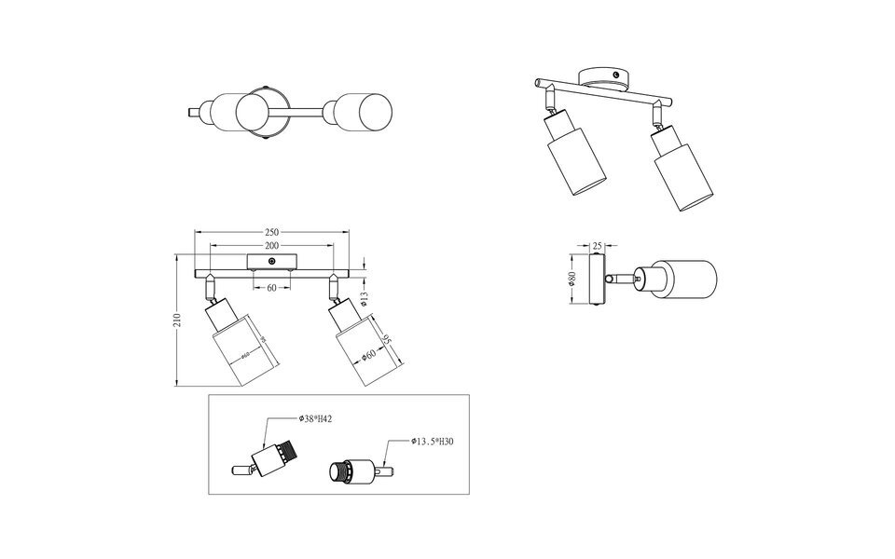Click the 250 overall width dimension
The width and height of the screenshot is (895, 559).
pos(272,231)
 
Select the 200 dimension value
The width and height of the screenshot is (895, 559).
pos(272,244)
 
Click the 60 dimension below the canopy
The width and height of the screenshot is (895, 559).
pos(272,287)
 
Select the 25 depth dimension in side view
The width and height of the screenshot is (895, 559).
pos(597,246)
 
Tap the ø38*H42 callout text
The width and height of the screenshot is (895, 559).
pos(316,420)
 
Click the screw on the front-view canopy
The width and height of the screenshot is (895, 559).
pos(271,257)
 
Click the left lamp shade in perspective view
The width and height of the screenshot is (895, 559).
pos(568,166)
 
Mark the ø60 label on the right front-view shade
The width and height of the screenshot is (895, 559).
pos(369,354)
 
